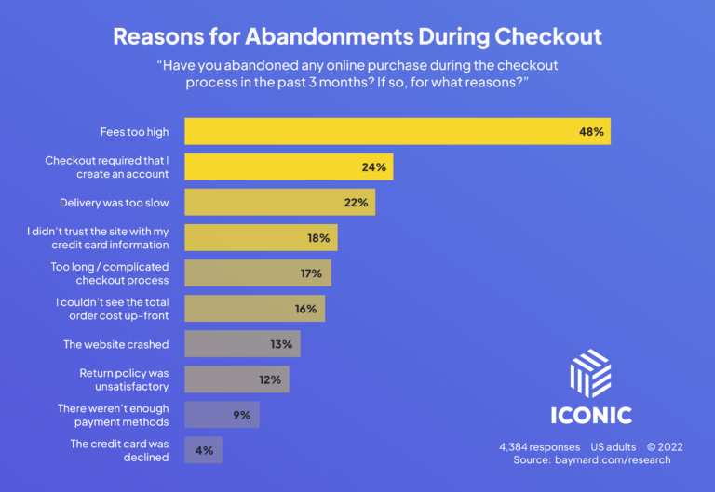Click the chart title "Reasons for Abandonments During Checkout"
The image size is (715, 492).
coord(357,37)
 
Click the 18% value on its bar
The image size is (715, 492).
coord(318,238)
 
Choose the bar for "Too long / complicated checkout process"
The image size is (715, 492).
coord(258,273)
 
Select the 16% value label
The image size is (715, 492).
coord(306,309)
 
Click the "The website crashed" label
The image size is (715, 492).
coord(116,344)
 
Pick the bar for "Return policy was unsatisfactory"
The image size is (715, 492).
coord(236,379)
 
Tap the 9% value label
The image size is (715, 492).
coord(242,415)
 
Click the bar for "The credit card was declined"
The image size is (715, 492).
coord(204,450)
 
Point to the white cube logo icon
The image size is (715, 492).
coord(590,373)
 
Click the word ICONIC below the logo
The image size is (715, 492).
coord(590,415)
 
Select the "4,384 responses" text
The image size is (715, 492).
coord(539,447)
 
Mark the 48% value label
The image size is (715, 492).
coord(591,132)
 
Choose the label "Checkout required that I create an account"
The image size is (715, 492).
coord(107,167)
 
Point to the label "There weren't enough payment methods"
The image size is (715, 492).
coord(112,415)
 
